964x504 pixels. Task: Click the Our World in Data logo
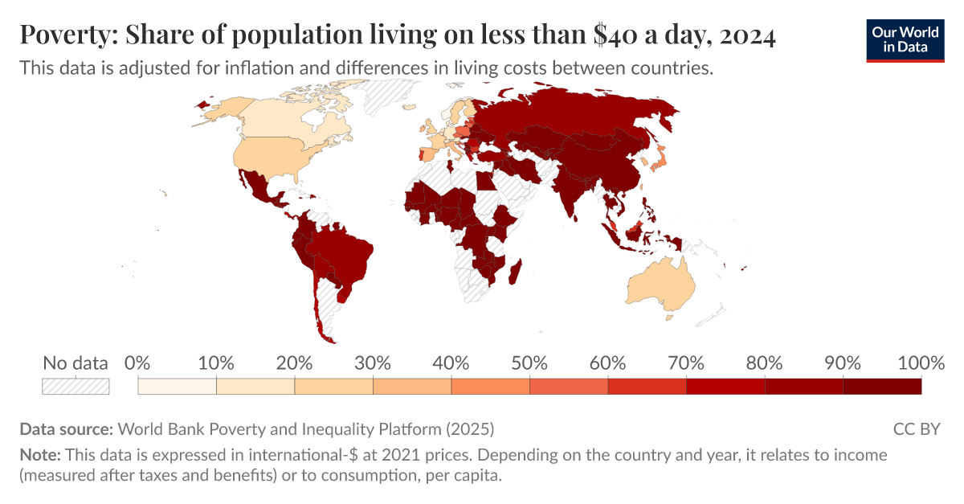(x=905, y=39)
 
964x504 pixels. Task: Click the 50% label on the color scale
(x=529, y=363)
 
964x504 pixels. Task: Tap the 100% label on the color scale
(x=919, y=363)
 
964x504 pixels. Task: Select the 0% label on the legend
(x=138, y=363)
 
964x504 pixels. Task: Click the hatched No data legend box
(x=76, y=386)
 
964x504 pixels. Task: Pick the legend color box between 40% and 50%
(x=490, y=386)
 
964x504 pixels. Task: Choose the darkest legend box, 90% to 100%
(x=881, y=386)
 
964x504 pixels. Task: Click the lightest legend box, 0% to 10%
(x=177, y=386)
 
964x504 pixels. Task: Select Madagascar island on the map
(x=515, y=271)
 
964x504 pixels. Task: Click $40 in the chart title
(x=615, y=36)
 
